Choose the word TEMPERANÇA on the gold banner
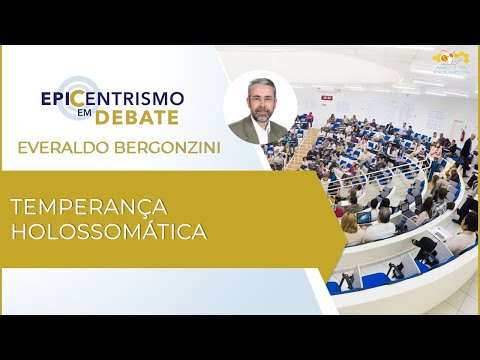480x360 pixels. click(90, 207)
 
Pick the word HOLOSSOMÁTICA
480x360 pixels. click(107, 233)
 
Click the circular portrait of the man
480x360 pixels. click(261, 107)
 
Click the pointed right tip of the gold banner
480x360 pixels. click(345, 219)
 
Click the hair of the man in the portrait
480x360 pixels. click(260, 86)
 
